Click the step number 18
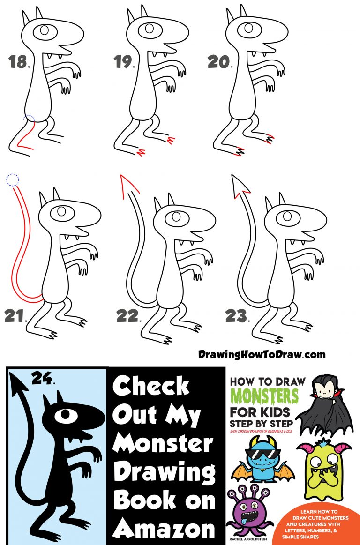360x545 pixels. pyautogui.click(x=18, y=62)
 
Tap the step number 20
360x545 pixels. pyautogui.click(x=218, y=62)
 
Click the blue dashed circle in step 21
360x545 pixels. pyautogui.click(x=12, y=179)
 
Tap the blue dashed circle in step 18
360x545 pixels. pyautogui.click(x=30, y=120)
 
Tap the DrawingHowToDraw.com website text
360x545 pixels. pyautogui.click(x=262, y=354)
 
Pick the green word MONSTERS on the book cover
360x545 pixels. pyautogui.click(x=264, y=397)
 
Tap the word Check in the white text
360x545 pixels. pyautogui.click(x=151, y=387)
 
